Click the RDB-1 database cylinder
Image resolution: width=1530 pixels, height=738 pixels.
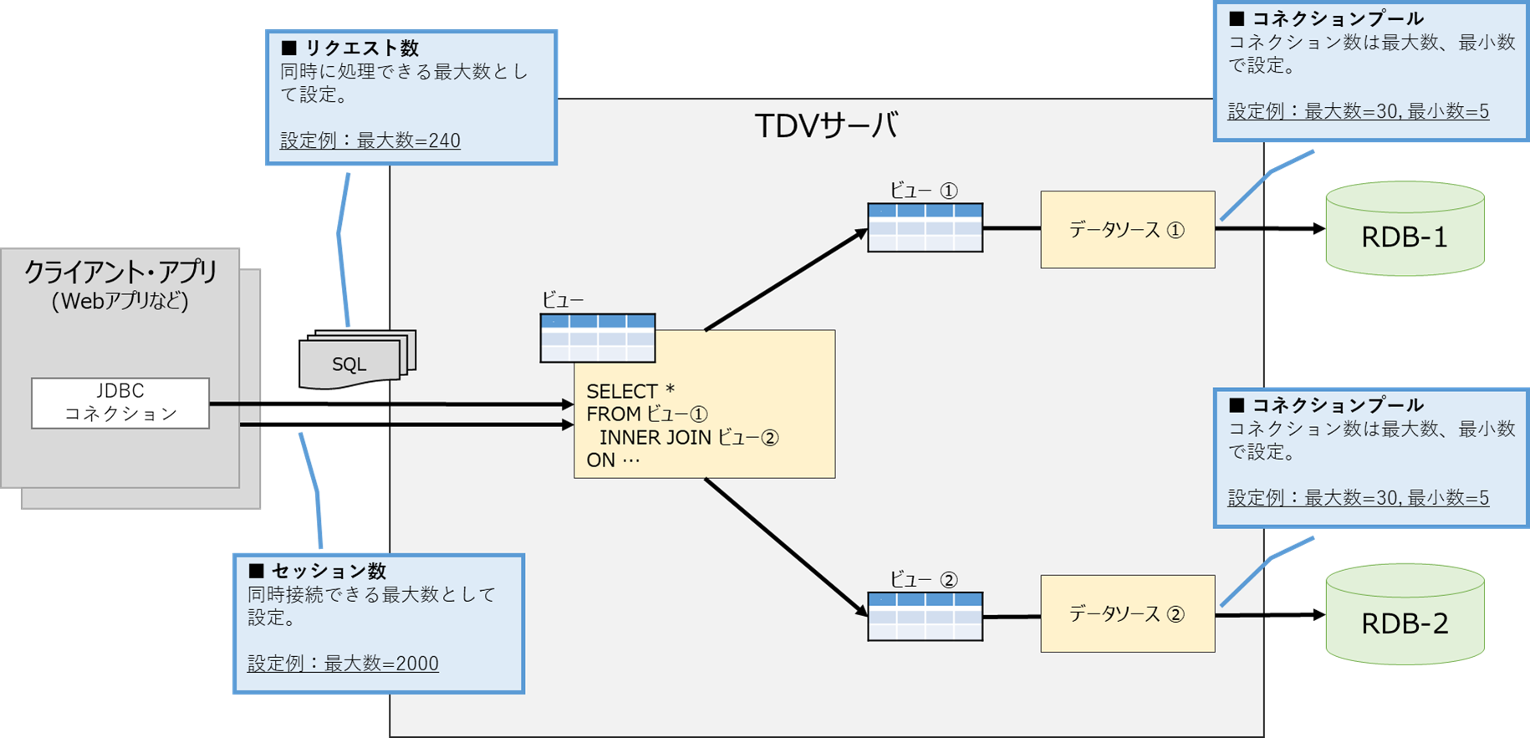(x=1405, y=228)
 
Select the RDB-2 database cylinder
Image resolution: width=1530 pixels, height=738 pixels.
(x=1405, y=614)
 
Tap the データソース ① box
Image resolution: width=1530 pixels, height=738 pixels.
(x=1127, y=230)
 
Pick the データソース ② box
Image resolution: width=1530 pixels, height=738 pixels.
(x=1127, y=613)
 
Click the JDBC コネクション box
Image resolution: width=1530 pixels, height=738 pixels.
(x=120, y=403)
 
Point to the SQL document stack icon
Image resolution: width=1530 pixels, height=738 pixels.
(x=357, y=359)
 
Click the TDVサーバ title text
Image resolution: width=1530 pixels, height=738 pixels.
(x=826, y=126)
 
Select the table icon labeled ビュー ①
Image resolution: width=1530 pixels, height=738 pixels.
(x=925, y=227)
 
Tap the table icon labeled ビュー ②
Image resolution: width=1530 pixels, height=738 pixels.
(x=925, y=617)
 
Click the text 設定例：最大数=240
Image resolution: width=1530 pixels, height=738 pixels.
(x=370, y=140)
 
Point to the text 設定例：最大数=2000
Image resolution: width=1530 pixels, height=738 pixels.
(x=343, y=664)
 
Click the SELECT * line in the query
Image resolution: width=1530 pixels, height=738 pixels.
(x=630, y=391)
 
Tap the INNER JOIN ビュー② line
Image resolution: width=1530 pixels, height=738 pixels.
(x=689, y=437)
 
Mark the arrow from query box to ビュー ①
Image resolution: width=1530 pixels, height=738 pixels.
(x=786, y=279)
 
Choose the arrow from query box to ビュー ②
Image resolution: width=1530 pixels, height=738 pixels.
(x=786, y=547)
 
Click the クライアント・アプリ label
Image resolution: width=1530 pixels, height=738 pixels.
(x=120, y=272)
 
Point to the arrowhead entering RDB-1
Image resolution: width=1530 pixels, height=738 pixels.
(x=1319, y=228)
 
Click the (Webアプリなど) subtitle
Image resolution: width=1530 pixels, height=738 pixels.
(x=120, y=301)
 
